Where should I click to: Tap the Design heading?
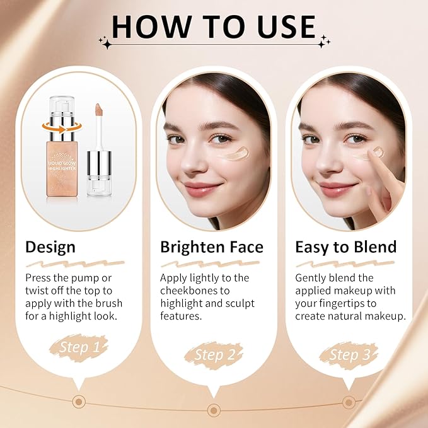pyautogui.click(x=50, y=246)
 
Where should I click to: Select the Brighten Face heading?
pyautogui.click(x=212, y=246)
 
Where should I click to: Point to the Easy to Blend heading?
pyautogui.click(x=346, y=246)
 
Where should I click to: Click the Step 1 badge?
pyautogui.click(x=78, y=347)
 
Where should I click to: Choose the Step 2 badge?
pyautogui.click(x=214, y=355)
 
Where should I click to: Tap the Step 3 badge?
pyautogui.click(x=349, y=355)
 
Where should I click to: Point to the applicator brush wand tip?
pyautogui.click(x=100, y=112)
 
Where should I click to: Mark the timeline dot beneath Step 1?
pyautogui.click(x=78, y=401)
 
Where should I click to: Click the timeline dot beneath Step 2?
pyautogui.click(x=214, y=410)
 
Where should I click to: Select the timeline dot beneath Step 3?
pyautogui.click(x=349, y=402)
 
